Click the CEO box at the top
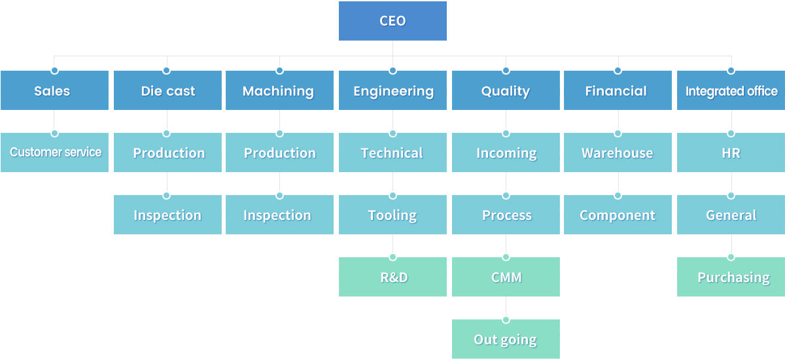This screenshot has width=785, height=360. pos(392,21)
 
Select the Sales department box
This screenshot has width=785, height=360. pos(54,90)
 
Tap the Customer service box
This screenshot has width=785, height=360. pos(54,153)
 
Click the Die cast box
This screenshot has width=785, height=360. pos(167,90)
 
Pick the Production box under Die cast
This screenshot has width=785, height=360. pos(167,153)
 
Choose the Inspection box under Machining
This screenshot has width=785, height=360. pos(279,215)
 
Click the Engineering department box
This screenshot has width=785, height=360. pos(392,90)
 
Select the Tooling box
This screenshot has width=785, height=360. pos(392,215)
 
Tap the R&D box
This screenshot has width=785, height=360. pos(392,277)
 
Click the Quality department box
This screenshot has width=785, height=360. pos(506,90)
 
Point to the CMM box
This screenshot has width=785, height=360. pos(506,277)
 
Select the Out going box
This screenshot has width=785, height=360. pos(506,339)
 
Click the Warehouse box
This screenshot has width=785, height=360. pos(618,153)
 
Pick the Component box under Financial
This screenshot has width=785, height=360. pos(618,215)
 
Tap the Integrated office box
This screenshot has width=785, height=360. pos(731,90)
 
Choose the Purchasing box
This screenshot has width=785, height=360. pos(731,277)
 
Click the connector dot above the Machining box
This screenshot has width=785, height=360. pos(279,71)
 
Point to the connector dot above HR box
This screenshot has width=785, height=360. pos(731,134)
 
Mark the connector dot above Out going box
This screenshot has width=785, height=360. pos(506,320)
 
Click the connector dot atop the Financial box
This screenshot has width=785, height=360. pos(618,71)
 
